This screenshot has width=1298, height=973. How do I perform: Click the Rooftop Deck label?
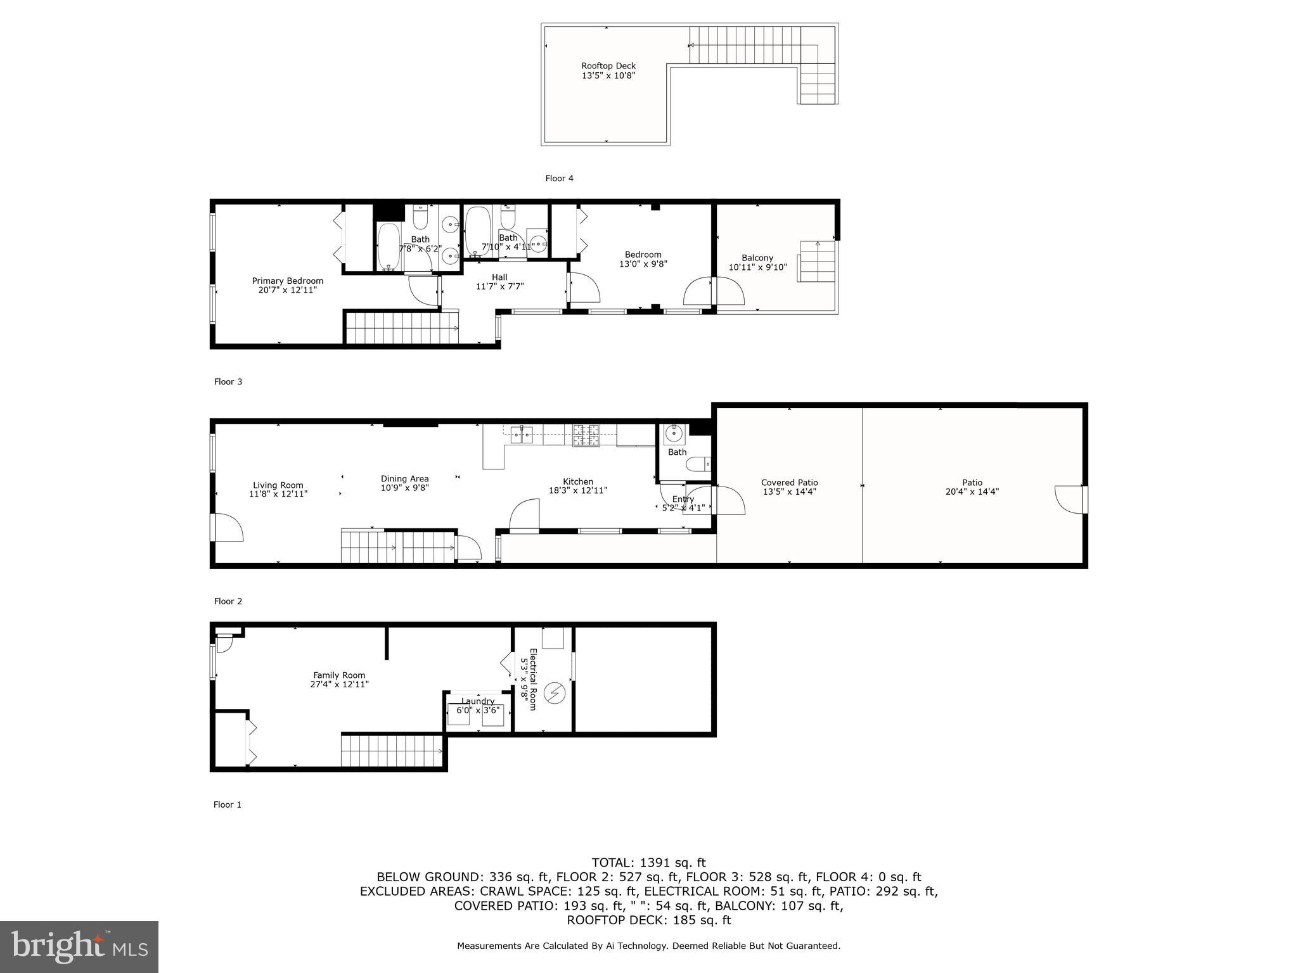pos(608,66)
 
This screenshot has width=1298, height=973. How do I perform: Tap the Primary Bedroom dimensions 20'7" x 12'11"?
pos(287,290)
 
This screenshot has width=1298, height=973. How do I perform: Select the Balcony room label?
pos(757,258)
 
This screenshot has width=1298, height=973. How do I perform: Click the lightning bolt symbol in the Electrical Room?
pos(555,692)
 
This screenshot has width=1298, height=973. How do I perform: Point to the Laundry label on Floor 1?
pos(478,701)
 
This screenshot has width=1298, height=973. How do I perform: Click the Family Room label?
pos(339,675)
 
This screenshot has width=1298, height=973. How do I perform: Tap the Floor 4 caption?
pos(559,179)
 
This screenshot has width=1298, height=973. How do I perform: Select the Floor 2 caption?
pos(228,601)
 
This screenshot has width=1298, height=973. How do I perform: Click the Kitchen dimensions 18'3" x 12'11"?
pos(577,490)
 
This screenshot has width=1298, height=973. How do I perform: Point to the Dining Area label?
pos(404,479)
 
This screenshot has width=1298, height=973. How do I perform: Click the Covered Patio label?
pos(789,483)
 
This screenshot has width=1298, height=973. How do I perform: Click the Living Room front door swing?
pos(227,527)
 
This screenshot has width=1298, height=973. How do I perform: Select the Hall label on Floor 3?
pos(499,277)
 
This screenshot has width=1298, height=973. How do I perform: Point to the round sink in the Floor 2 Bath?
pos(674,435)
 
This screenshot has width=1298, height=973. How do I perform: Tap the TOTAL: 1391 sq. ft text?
pos(648,862)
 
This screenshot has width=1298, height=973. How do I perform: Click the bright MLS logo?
pos(79,946)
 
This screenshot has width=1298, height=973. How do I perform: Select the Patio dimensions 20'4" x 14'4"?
pos(972,492)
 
